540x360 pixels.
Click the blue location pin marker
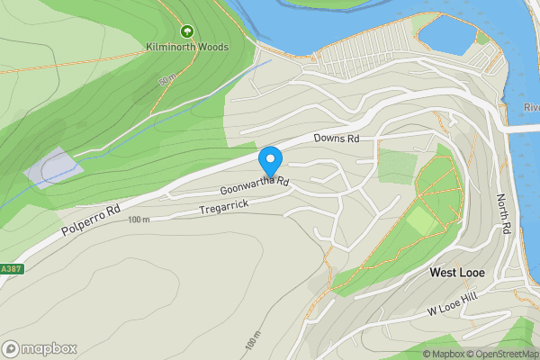tap(270, 161)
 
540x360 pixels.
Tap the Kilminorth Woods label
tap(188, 47)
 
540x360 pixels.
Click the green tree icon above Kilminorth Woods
tap(187, 31)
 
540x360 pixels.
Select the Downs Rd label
tap(336, 139)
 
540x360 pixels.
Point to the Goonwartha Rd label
tap(255, 186)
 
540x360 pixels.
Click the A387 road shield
tap(10, 268)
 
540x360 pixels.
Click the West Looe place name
tap(457, 272)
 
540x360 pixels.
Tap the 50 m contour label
tap(166, 81)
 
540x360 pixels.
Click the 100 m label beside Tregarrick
tap(139, 220)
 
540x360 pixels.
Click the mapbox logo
tap(40, 348)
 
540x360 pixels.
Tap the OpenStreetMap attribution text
tap(501, 354)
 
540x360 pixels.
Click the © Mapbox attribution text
tap(443, 354)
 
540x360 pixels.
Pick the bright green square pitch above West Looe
tap(419, 220)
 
